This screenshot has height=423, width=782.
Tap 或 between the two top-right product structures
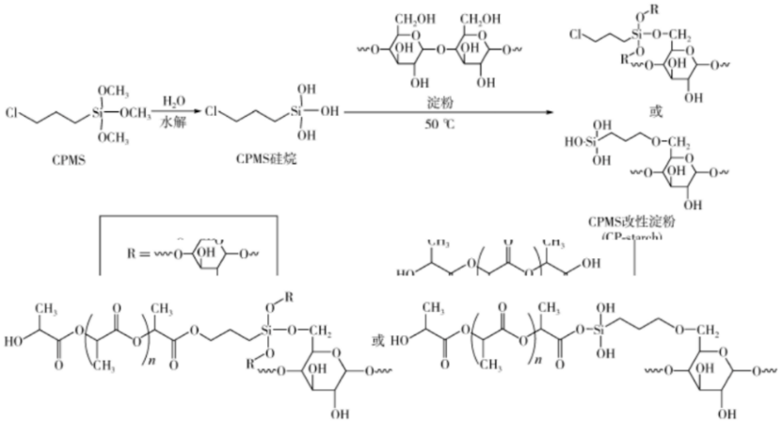coord(656,111)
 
